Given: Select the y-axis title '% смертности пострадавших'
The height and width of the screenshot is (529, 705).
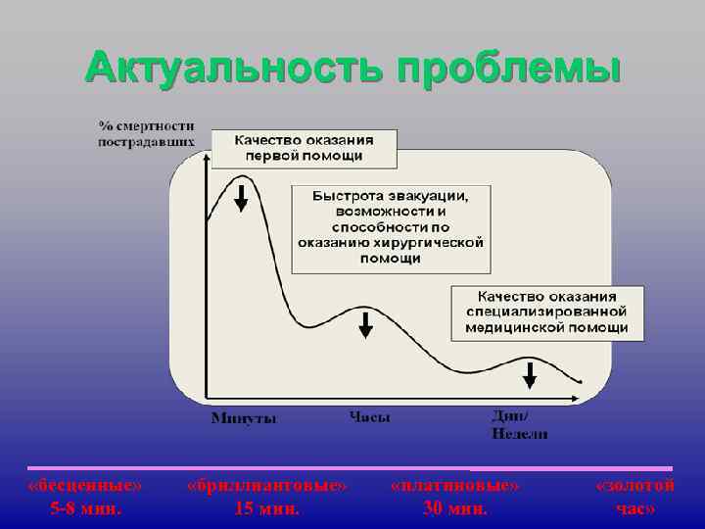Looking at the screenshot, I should [x=146, y=134].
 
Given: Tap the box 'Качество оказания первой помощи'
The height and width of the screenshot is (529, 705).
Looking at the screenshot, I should [x=304, y=148].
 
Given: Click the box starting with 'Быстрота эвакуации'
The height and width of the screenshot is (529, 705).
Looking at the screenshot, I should [x=391, y=227].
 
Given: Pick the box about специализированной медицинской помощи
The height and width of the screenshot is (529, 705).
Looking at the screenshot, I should [x=546, y=312].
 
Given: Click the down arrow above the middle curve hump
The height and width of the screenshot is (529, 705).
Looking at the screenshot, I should [x=365, y=324].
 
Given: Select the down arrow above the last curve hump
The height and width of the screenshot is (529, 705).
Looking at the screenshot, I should [x=530, y=374].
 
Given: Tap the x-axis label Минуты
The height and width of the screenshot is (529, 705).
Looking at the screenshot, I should [x=244, y=418].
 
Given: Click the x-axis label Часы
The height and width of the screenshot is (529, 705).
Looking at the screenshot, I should [x=370, y=417].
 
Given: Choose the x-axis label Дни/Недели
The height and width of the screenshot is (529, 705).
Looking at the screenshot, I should [x=519, y=424].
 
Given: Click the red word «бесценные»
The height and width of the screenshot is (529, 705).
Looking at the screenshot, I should [x=85, y=486].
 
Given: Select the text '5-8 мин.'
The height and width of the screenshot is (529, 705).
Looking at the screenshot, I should [x=86, y=508].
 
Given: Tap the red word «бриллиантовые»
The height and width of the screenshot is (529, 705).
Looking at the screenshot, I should [x=266, y=486].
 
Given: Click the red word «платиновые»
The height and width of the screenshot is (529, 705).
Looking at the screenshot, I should [x=454, y=486].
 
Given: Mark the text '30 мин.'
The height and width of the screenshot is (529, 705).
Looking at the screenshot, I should [x=454, y=508].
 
